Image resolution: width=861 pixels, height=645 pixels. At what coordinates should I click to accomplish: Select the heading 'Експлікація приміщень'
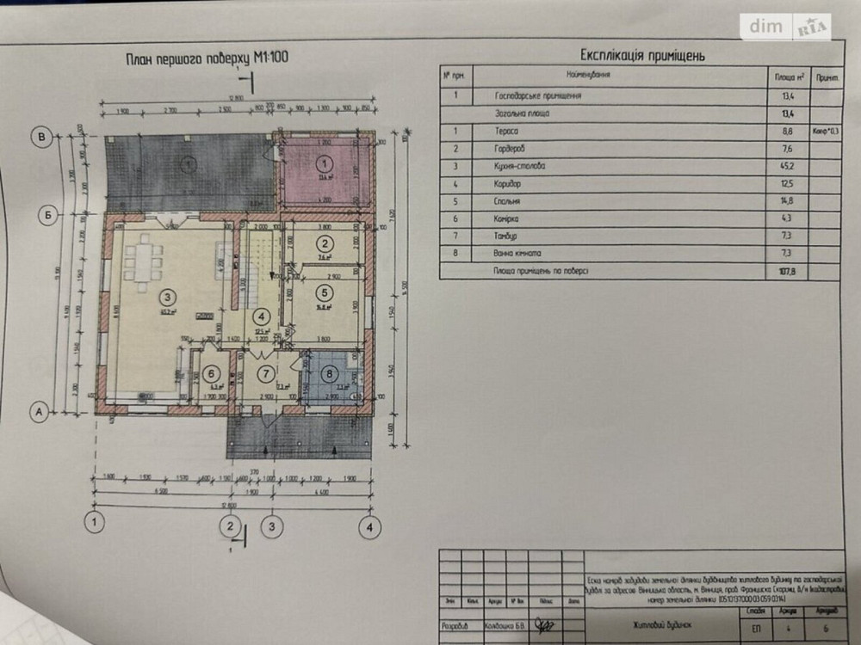(643, 55)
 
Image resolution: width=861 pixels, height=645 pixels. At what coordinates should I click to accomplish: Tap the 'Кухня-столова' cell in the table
(521, 166)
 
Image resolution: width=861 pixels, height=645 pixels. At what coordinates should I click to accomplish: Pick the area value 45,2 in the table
(786, 166)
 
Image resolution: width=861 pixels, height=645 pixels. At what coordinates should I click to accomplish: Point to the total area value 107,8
(786, 272)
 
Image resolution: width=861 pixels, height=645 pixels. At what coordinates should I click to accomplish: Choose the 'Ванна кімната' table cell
(518, 254)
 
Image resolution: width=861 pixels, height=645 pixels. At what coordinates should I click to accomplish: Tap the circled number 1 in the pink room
(324, 163)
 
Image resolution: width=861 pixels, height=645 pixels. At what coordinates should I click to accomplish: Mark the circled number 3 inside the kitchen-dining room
(165, 298)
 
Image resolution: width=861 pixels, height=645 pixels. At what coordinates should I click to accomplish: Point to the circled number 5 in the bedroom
(325, 291)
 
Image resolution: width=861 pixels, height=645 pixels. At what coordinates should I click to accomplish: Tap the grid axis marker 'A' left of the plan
(39, 412)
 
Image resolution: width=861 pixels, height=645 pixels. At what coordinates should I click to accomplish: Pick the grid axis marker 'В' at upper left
(39, 135)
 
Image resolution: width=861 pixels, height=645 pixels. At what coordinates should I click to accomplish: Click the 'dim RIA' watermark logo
(788, 27)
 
